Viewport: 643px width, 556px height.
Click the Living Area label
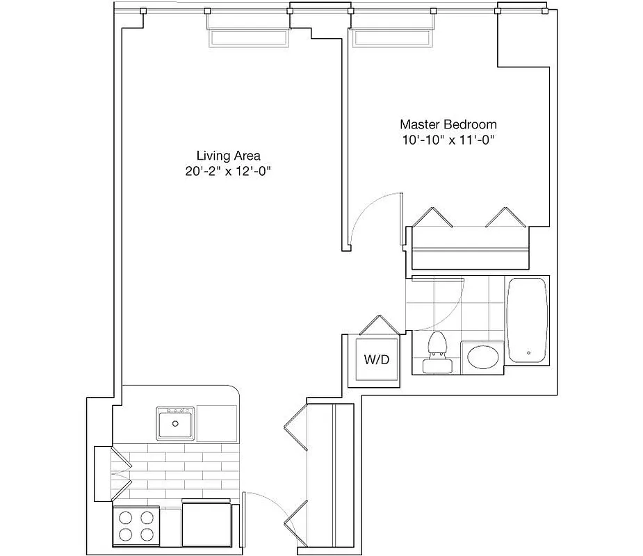[228, 156]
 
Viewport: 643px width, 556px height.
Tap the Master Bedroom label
[448, 124]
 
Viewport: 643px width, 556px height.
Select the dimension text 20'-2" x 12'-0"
[227, 172]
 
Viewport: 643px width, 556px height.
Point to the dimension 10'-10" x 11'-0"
[448, 140]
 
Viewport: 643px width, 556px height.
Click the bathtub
[528, 320]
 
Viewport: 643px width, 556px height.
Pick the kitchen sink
[176, 423]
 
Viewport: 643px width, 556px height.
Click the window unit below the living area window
[247, 38]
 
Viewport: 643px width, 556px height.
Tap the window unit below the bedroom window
[393, 38]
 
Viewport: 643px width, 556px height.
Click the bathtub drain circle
[530, 353]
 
